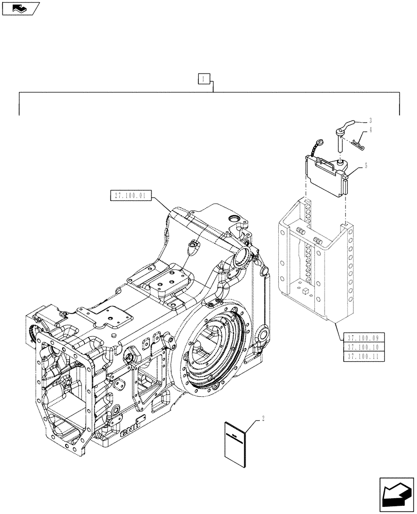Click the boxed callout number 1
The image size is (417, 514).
(x=204, y=79)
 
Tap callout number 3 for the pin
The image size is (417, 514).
(x=370, y=121)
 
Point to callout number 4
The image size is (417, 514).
(x=370, y=131)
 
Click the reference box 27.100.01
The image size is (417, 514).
(x=131, y=195)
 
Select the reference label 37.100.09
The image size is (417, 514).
(x=363, y=338)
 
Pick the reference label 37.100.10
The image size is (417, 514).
(x=363, y=347)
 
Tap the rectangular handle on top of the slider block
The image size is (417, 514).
(x=325, y=163)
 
